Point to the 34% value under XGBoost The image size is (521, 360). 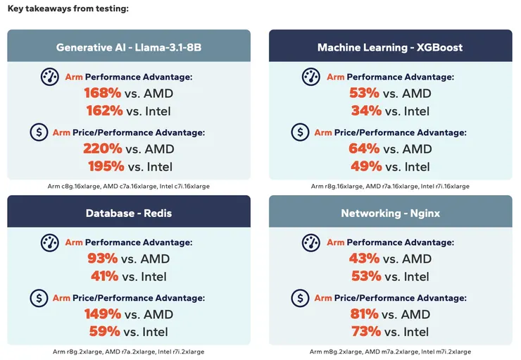[x=366, y=111]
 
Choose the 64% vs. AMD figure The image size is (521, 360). [x=365, y=149]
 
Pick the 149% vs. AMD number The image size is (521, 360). [x=102, y=314]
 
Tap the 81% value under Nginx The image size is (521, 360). [x=365, y=314]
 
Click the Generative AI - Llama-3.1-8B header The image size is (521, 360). [x=129, y=47]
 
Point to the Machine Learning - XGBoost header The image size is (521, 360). [x=389, y=47]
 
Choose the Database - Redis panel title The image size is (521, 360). [x=129, y=213]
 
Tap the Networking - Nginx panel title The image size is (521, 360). [x=389, y=213]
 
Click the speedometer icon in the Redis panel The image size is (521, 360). [x=49, y=242]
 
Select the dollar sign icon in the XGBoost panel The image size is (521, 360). [x=301, y=132]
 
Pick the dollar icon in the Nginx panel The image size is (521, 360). [x=301, y=298]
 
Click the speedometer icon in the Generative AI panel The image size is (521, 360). [x=49, y=77]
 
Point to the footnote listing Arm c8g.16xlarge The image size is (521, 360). [x=129, y=186]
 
